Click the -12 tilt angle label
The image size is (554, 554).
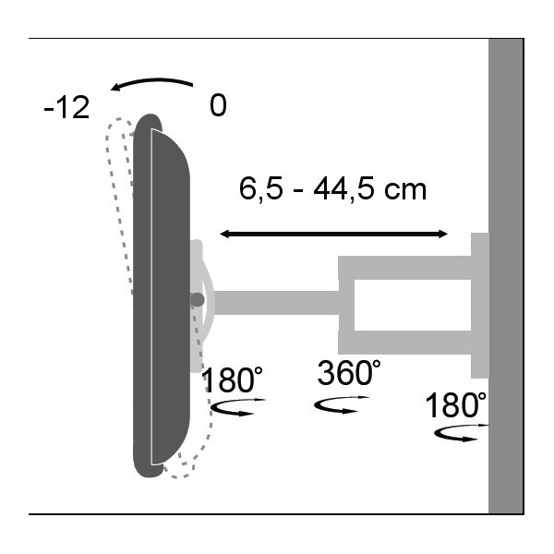point(66,107)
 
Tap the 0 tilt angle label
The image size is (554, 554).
point(218,105)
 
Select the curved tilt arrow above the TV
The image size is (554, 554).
point(152,81)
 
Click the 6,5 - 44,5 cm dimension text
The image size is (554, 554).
point(332,189)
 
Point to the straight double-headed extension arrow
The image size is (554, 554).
point(333,234)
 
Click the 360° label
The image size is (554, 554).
point(349,372)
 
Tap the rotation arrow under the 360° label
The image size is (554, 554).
point(342,405)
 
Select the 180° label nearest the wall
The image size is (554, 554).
point(456,405)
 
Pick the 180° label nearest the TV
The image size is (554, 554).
point(232,380)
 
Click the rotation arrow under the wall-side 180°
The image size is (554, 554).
point(461,433)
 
